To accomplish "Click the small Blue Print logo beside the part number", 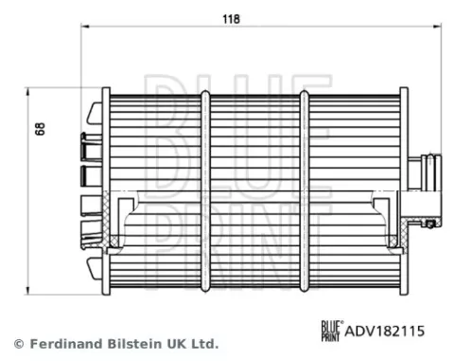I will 330,331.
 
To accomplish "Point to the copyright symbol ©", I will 16,343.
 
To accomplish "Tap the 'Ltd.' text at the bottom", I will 204,343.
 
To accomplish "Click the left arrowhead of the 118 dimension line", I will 85,30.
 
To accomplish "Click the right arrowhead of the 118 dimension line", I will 442,30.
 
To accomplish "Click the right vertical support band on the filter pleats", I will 304,190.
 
